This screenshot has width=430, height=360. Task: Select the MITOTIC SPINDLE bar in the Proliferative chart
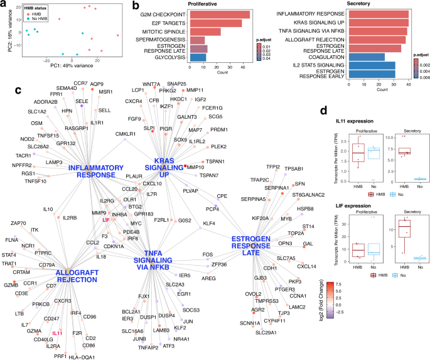[x=204, y=31]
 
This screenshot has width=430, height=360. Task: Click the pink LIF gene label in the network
[x=105, y=221]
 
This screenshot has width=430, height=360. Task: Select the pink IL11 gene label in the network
[x=58, y=333]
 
